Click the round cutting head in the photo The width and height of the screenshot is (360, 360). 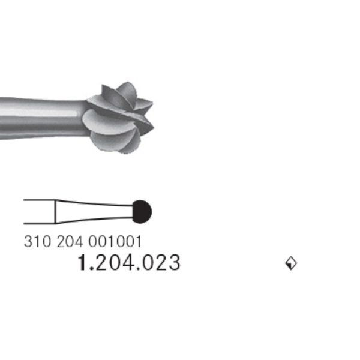[118, 118]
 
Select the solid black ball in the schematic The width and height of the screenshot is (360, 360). [142, 212]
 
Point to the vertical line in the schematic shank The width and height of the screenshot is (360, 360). [55, 212]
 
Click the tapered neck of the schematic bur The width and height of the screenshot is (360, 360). [94, 212]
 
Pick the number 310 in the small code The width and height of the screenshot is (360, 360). [37, 242]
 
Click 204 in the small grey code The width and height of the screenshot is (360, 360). [70, 242]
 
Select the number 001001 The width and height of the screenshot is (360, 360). [115, 242]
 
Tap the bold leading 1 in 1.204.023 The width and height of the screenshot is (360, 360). [82, 262]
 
